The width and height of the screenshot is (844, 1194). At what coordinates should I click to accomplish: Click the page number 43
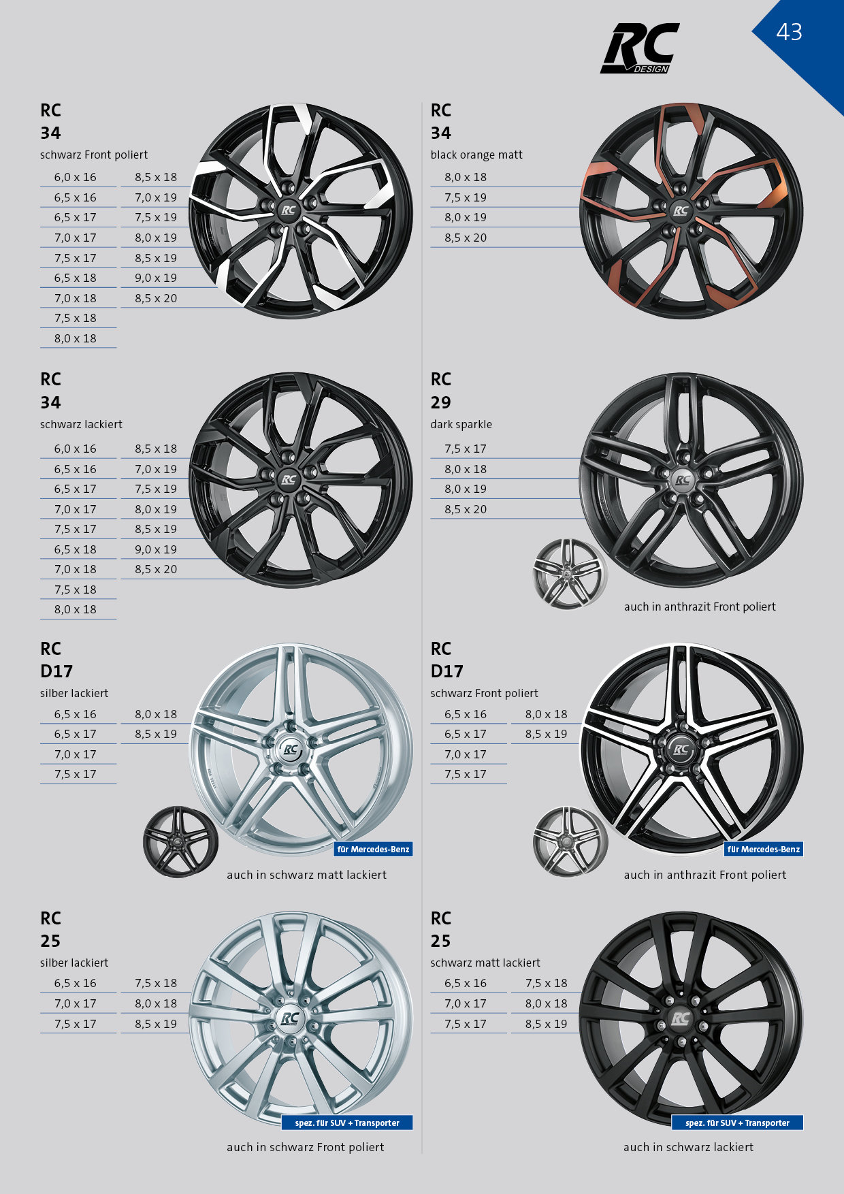[x=789, y=32]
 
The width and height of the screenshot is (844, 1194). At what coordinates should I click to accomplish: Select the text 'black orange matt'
[x=476, y=155]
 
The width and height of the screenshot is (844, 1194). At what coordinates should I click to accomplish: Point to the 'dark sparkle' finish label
[x=461, y=424]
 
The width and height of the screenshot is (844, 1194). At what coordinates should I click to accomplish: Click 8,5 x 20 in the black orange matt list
[x=466, y=238]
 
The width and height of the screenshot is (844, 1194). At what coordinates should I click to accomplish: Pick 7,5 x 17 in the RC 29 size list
[x=466, y=449]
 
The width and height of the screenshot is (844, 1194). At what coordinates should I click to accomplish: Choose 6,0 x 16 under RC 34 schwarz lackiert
[x=76, y=449]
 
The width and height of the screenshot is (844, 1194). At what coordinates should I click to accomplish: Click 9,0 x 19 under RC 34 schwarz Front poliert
[x=156, y=278]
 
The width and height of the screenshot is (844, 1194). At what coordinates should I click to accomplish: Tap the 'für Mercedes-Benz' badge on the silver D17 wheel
[x=374, y=849]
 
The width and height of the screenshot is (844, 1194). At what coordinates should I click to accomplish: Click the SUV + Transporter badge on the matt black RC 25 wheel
[x=738, y=1123]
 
